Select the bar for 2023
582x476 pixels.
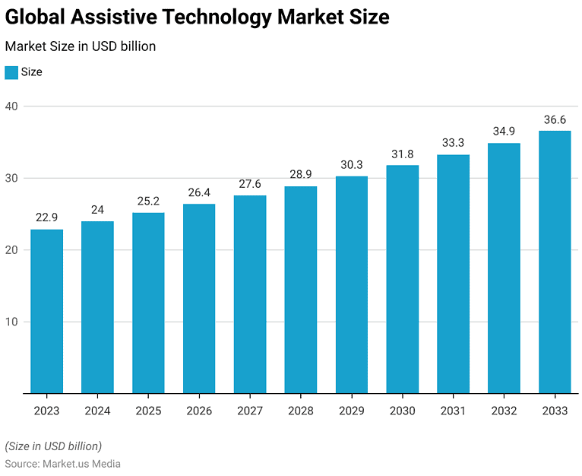46,311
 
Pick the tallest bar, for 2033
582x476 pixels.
555,262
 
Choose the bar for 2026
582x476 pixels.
199,298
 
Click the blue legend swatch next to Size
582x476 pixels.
11,72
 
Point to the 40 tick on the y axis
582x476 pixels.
13,106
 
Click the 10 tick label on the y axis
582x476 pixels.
13,322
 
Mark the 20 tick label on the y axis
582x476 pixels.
13,249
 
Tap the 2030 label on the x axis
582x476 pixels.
402,411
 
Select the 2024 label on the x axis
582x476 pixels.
97,411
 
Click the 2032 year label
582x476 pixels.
504,411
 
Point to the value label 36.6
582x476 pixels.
555,120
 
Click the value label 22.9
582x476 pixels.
46,218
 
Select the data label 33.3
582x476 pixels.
453,143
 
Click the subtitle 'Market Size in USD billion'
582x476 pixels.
81,46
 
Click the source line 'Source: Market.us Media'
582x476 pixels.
63,463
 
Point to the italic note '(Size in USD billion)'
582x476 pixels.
53,446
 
